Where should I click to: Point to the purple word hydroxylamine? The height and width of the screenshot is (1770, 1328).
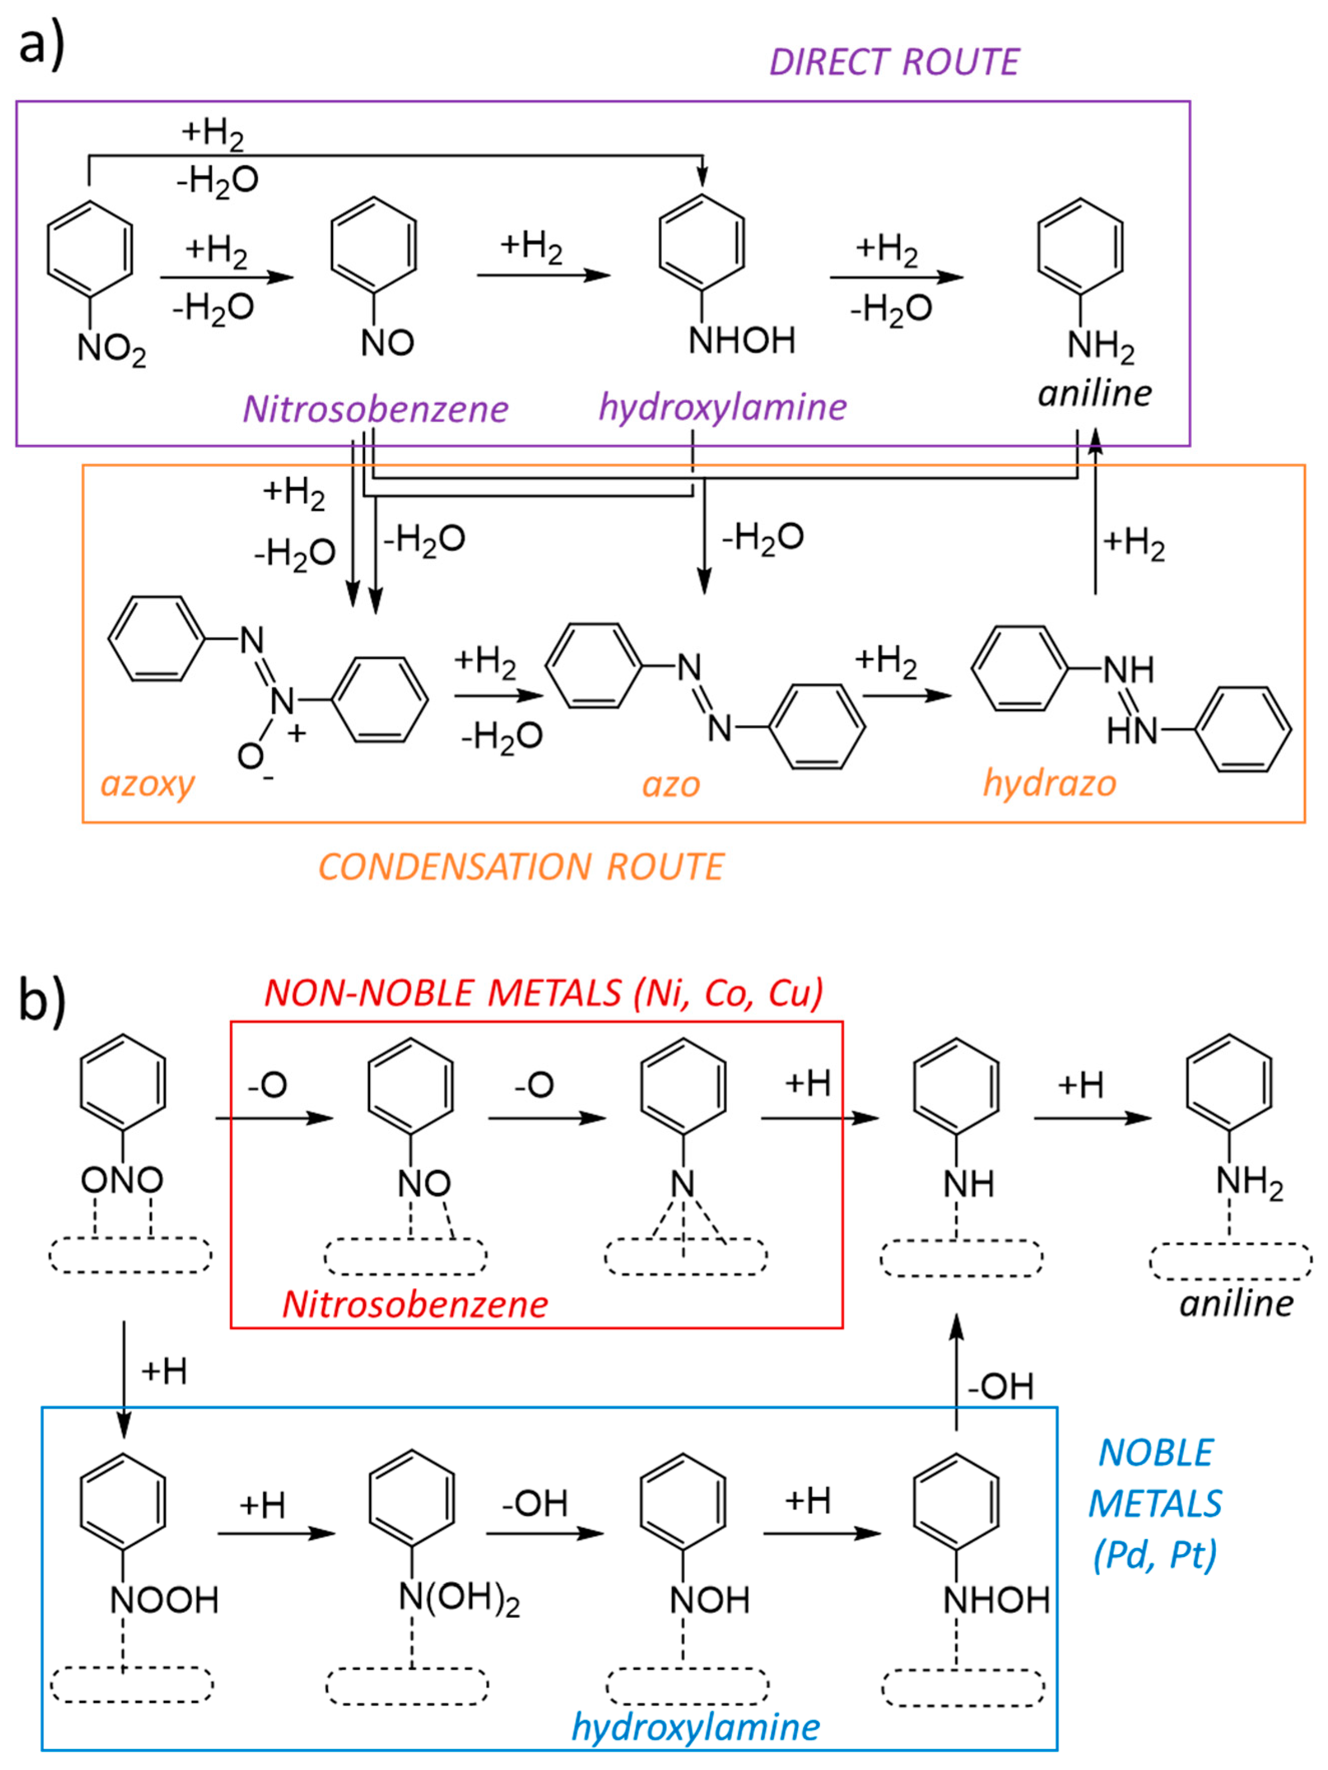(x=723, y=407)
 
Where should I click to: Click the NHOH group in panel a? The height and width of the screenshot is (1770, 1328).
(x=742, y=341)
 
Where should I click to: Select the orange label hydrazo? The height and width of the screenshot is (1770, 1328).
(x=1049, y=783)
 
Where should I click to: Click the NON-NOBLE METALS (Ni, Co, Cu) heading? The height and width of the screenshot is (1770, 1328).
(x=543, y=993)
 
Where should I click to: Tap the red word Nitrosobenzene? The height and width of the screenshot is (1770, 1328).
(x=415, y=1304)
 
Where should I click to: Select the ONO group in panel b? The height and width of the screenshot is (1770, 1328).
(x=122, y=1179)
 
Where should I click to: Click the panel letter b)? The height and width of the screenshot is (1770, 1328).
(x=42, y=1000)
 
